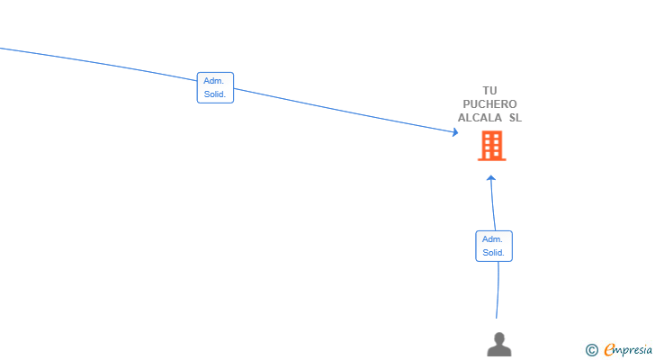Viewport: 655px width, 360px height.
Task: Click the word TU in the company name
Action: pos(489,91)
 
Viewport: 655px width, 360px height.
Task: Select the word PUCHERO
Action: pos(489,104)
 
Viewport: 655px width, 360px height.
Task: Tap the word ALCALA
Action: pos(480,118)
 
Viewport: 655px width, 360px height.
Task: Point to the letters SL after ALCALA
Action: pos(516,118)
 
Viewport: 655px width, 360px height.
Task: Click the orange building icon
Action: pos(491,146)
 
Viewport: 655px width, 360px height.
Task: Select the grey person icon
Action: pos(499,345)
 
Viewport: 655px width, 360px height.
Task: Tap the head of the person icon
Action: pos(499,337)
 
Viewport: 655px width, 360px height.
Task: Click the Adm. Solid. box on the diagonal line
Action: pos(215,87)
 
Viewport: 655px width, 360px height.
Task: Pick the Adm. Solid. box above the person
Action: pos(494,246)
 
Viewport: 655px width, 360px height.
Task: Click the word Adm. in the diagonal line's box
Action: pos(213,81)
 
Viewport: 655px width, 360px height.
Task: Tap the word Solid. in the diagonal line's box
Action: pos(215,94)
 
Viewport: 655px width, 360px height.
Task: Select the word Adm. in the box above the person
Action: pos(492,239)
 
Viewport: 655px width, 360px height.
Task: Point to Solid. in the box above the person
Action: pos(493,253)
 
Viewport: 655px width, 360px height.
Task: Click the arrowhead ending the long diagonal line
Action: pos(455,132)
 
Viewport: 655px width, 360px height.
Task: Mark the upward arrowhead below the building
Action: pos(491,178)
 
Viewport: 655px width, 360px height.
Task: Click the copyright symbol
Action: pos(591,350)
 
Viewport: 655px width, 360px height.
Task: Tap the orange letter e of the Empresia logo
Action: pos(609,349)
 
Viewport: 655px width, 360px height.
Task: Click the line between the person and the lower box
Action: pos(498,291)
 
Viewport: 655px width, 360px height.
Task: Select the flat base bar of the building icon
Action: pos(491,159)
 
